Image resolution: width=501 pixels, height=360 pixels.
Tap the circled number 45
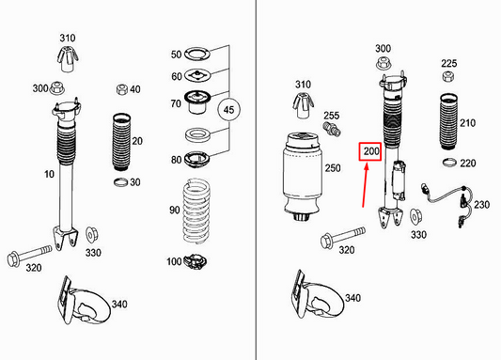click(228, 110)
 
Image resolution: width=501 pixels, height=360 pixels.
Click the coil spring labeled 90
click(198, 208)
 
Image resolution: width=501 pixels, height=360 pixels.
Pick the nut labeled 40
click(122, 90)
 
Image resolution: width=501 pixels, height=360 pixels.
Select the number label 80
click(175, 159)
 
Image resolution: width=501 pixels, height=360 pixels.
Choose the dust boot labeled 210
click(448, 122)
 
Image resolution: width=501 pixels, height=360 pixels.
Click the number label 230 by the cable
click(482, 205)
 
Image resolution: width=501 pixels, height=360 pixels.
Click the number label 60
click(176, 75)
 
